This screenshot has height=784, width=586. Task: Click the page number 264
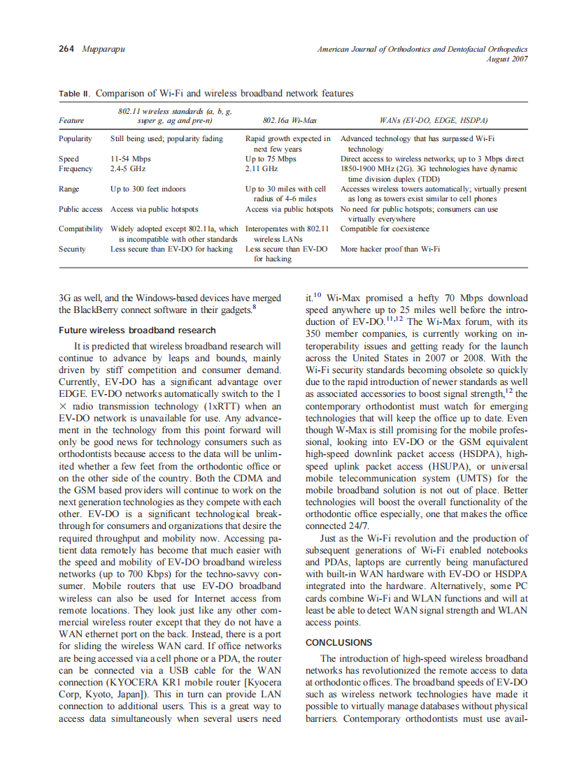tap(67, 50)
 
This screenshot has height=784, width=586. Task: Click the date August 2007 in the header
tap(507, 59)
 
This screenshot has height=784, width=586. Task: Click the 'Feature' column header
tap(71, 120)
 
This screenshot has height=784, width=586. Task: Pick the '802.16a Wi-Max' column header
tap(285, 120)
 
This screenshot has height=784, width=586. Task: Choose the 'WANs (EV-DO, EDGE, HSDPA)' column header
tap(434, 120)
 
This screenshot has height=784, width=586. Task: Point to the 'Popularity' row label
tap(76, 139)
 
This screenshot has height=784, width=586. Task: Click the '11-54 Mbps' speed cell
tap(131, 159)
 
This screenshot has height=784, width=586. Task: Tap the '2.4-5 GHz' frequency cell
tap(128, 168)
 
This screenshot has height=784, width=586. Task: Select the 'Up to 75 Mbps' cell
tap(271, 159)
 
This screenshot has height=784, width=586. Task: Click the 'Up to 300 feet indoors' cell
tap(148, 189)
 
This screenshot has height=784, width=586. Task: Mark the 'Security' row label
tap(72, 249)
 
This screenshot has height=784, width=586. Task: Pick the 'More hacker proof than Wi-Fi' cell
tap(390, 249)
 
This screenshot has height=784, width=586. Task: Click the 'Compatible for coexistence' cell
tap(385, 228)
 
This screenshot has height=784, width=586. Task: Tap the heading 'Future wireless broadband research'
tap(137, 331)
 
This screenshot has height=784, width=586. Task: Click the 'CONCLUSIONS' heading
tap(339, 642)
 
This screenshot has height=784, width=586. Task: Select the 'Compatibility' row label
tap(81, 228)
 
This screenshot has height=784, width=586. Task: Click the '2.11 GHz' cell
tap(262, 168)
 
